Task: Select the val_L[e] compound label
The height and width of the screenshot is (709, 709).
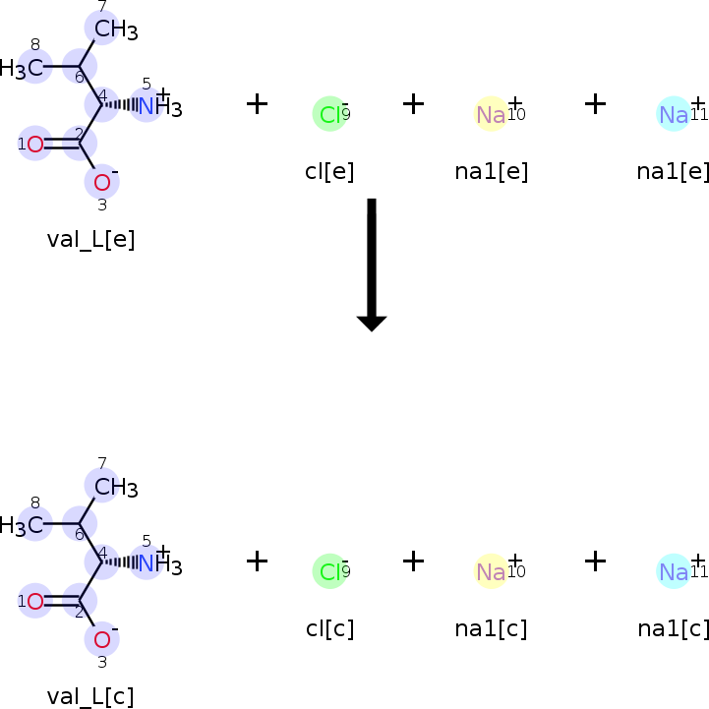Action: [90, 239]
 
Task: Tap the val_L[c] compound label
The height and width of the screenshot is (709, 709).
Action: [90, 696]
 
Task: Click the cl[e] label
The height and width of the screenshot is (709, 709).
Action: [329, 171]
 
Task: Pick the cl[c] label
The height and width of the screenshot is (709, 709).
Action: [329, 628]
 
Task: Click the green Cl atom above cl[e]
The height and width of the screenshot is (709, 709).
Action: [329, 114]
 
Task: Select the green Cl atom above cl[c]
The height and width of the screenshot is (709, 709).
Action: [329, 570]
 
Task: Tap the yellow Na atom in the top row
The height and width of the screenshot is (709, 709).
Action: [491, 115]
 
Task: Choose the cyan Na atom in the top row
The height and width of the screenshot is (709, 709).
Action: [674, 115]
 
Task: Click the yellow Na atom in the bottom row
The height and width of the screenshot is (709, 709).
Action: [491, 571]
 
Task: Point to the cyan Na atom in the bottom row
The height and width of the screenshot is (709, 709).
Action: [674, 571]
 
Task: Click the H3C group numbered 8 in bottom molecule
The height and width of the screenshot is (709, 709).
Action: [28, 525]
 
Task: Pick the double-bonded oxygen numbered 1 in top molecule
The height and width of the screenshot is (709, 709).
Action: [35, 145]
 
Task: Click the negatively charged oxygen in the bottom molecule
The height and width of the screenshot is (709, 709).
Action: [102, 640]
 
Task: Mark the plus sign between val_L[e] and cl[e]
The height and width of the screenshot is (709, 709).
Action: [257, 103]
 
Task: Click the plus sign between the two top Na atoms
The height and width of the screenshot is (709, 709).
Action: [595, 103]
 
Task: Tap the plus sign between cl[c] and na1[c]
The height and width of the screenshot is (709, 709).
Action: [414, 561]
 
